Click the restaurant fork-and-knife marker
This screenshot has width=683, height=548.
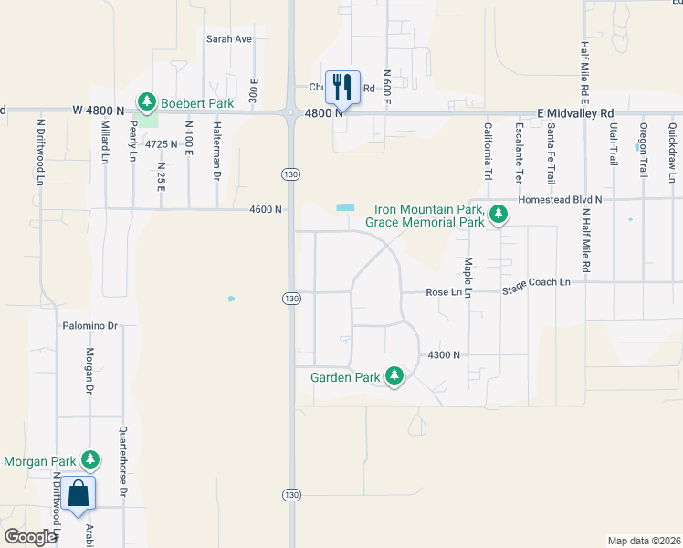coord(342,88)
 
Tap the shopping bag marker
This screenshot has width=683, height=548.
coord(79,492)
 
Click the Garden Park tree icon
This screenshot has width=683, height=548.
coord(394,375)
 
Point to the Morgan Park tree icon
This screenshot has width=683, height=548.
coord(90,459)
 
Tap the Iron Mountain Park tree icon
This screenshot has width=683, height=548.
coord(498,215)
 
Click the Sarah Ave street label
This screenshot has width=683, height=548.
coord(228,39)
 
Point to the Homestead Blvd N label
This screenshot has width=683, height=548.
coord(560,198)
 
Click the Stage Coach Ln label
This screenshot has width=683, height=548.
coord(536,282)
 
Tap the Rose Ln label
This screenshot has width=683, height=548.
coord(444,292)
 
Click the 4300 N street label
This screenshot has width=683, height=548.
coord(443,354)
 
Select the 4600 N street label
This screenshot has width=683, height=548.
coord(265,209)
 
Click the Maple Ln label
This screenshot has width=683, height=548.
coord(468,278)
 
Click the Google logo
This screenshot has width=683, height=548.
coord(30,537)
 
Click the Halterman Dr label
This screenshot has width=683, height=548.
coord(217,151)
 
